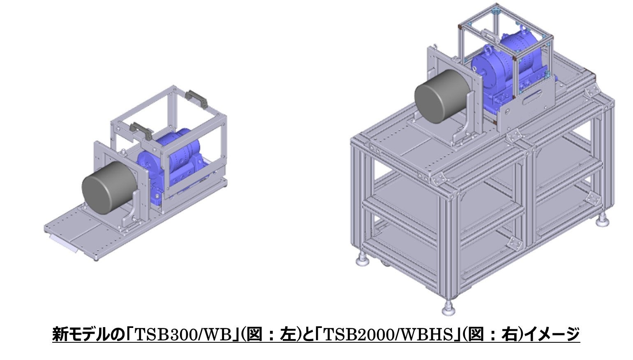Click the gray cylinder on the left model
pyautogui.click(x=109, y=188)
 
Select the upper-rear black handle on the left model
pyautogui.click(x=196, y=99)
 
